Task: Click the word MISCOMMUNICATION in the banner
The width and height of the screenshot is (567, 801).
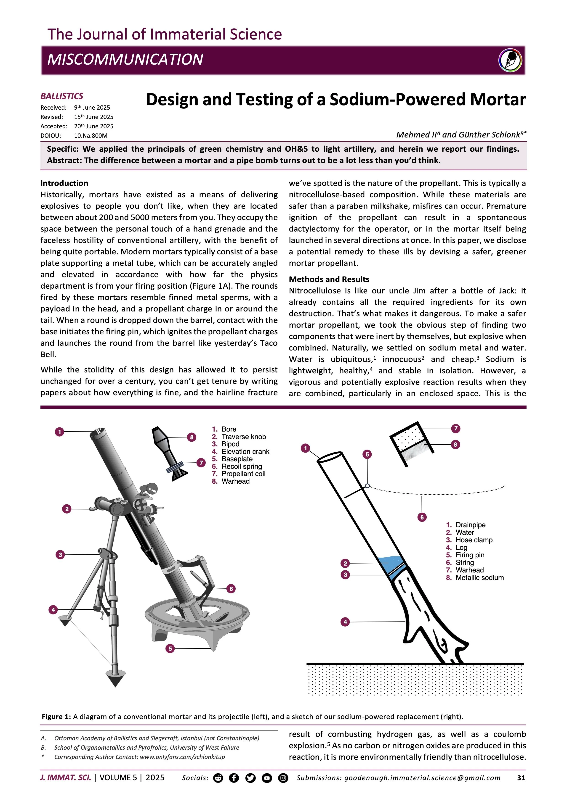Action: pyautogui.click(x=125, y=59)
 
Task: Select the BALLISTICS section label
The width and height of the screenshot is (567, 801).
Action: pyautogui.click(x=62, y=96)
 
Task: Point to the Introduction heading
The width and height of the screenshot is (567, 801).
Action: pyautogui.click(x=64, y=183)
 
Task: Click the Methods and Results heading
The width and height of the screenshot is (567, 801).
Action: pyautogui.click(x=329, y=279)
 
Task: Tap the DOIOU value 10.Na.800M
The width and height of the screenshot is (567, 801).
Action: pyautogui.click(x=91, y=136)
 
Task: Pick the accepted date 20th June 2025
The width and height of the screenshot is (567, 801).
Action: pyautogui.click(x=93, y=126)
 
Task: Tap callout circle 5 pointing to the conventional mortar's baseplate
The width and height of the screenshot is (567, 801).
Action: pyautogui.click(x=170, y=648)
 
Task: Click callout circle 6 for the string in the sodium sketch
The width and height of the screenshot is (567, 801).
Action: pyautogui.click(x=422, y=517)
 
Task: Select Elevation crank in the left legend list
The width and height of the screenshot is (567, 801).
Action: pyautogui.click(x=245, y=451)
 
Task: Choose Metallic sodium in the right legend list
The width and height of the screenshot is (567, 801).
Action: pyautogui.click(x=479, y=577)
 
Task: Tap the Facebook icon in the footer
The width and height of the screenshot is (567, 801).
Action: pyautogui.click(x=234, y=778)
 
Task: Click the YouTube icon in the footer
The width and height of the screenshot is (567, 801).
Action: pyautogui.click(x=267, y=778)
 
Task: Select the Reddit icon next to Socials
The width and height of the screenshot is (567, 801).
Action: pyautogui.click(x=218, y=778)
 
